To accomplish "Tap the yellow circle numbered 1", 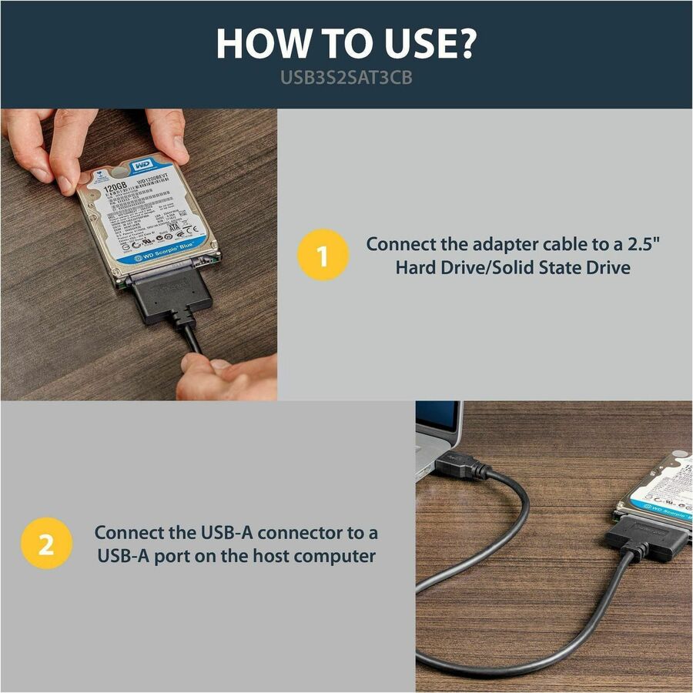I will click(x=323, y=256).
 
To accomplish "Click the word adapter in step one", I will click(x=500, y=244).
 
